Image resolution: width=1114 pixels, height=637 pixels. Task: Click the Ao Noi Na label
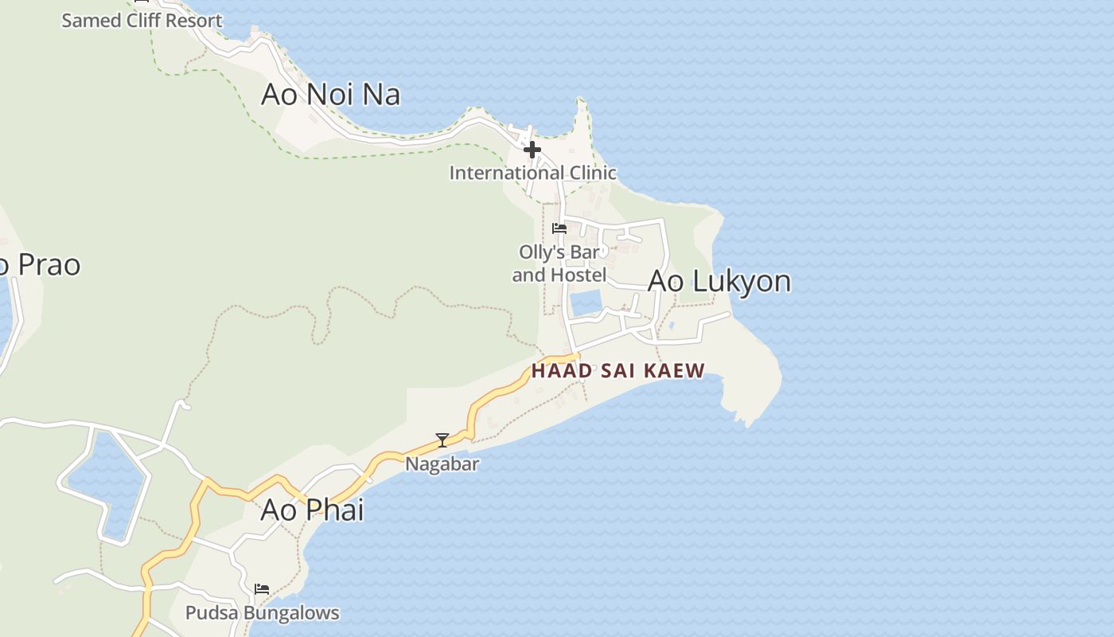coord(330,95)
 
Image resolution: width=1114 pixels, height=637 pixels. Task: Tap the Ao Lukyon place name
coord(719,281)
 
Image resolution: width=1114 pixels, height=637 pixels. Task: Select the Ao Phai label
coord(312,510)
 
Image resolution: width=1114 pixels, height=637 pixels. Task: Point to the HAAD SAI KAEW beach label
coord(618,370)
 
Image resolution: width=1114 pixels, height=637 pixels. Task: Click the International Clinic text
coord(532,173)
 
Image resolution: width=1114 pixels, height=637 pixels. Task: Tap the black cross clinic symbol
coord(532,149)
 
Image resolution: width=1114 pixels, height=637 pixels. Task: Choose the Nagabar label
coord(442,463)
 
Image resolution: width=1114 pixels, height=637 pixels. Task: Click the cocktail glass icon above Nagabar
coord(442,440)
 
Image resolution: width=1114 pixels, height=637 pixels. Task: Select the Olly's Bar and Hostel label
coord(559,264)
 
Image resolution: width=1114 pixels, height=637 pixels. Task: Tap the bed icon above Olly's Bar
coord(559,229)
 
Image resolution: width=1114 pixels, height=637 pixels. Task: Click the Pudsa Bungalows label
coord(262,613)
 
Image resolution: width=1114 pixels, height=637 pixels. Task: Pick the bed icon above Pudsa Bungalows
coord(262,589)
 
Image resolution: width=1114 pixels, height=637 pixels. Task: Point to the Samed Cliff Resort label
coord(142,21)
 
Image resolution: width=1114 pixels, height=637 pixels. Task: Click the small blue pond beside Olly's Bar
coord(586,303)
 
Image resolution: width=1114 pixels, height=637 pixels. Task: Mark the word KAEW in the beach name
coord(678,370)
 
